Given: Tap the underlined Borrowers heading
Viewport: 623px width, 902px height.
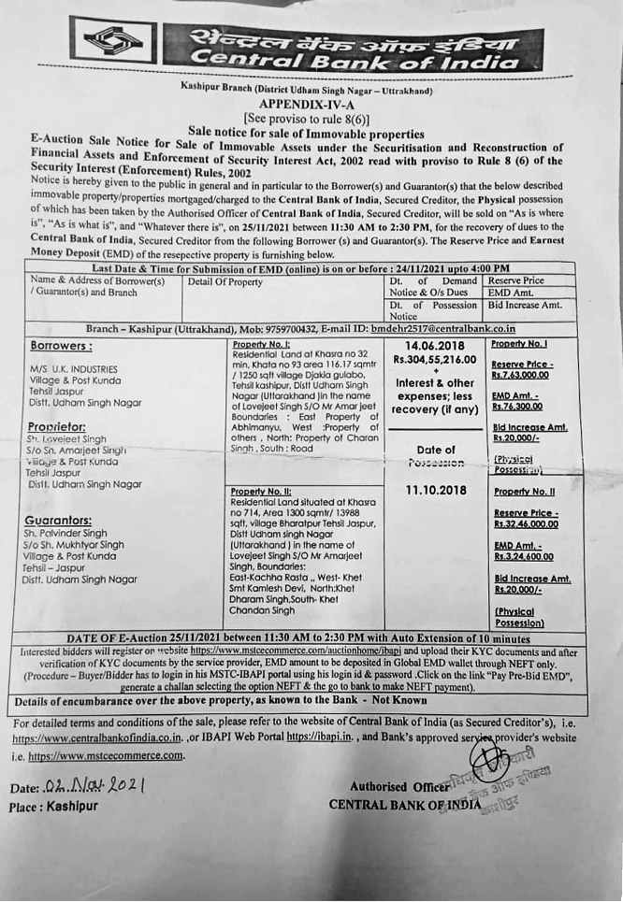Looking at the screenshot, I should (61, 346).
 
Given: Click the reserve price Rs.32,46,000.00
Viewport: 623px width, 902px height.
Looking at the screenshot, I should (529, 526).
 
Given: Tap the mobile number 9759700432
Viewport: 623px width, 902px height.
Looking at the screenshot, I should (271, 329).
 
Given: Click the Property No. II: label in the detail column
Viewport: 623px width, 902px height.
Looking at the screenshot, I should (263, 492).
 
